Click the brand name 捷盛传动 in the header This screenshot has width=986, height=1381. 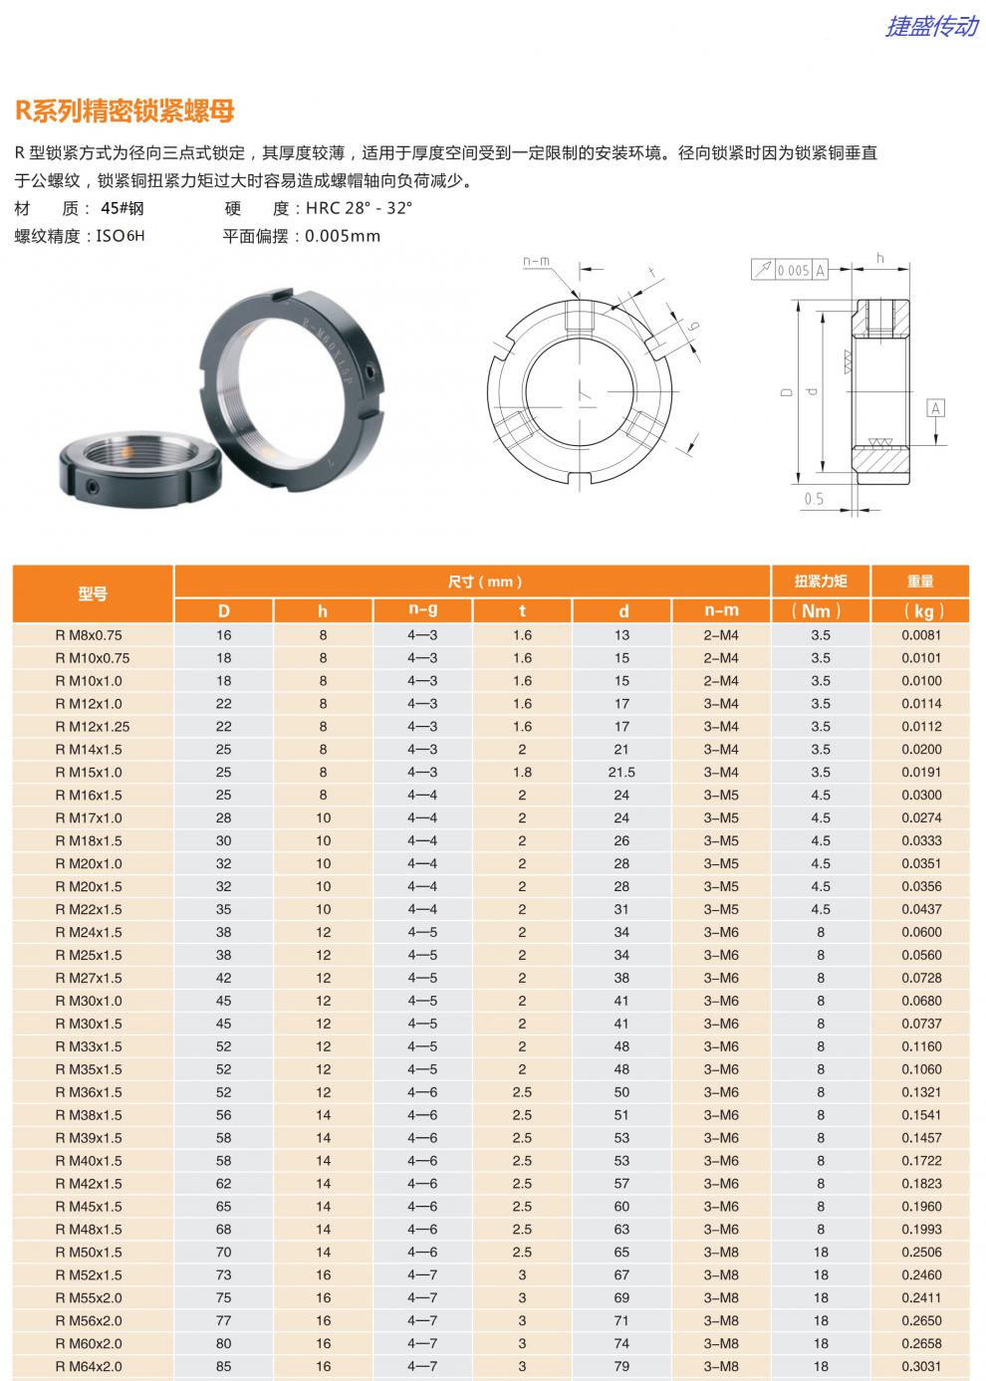[x=931, y=26]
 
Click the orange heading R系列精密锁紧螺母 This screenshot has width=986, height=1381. [x=124, y=111]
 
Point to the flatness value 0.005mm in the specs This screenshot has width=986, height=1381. [x=343, y=236]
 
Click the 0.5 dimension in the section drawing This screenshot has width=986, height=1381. [x=814, y=499]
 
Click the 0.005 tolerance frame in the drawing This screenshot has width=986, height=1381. [x=792, y=270]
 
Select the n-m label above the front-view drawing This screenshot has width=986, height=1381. [x=536, y=262]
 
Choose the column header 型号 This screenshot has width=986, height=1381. [x=93, y=594]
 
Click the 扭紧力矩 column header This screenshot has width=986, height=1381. [x=820, y=580]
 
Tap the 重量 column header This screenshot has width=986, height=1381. [x=920, y=580]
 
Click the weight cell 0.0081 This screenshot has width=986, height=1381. [x=921, y=635]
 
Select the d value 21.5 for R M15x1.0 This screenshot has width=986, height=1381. [x=621, y=773]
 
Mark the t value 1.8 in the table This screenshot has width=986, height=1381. [x=522, y=773]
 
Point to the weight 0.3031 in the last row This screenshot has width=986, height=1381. [x=921, y=1366]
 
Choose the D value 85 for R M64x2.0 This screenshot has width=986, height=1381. [x=223, y=1366]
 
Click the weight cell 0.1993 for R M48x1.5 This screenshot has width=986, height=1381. [x=921, y=1230]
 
